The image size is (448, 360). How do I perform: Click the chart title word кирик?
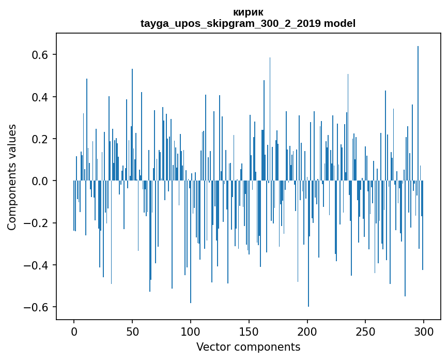[248, 12]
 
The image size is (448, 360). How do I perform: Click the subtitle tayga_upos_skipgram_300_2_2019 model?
[248, 23]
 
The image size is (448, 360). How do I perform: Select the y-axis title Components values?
[12, 177]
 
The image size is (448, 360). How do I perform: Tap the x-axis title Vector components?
[248, 347]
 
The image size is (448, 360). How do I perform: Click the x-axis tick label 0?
[74, 331]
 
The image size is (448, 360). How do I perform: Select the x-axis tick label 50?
[132, 331]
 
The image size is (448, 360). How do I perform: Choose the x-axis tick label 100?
[191, 331]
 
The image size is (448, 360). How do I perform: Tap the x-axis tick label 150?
[249, 331]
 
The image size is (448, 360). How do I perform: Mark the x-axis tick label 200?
[307, 331]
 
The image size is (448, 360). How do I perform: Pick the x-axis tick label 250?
[365, 331]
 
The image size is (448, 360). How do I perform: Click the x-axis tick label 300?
[424, 331]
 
